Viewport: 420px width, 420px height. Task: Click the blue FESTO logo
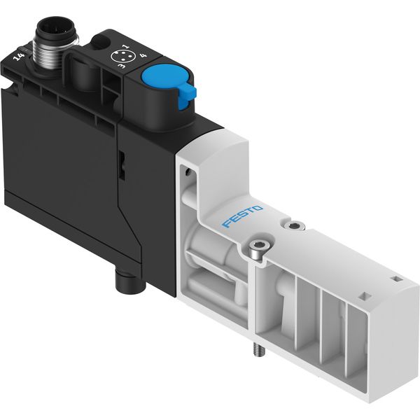(x=242, y=216)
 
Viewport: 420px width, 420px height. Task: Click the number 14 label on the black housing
(x=20, y=57)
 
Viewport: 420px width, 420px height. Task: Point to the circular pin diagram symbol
(x=118, y=56)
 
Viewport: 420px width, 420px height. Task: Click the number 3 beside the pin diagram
(x=122, y=66)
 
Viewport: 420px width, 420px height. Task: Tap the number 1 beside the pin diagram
(x=125, y=47)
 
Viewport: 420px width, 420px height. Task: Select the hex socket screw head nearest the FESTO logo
(x=295, y=225)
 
